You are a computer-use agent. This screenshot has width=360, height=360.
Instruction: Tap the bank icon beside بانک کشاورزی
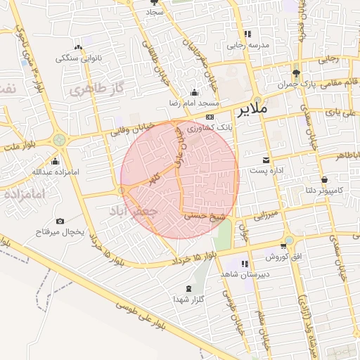click(x=210, y=117)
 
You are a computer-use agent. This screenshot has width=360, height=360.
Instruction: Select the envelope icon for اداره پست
click(x=266, y=160)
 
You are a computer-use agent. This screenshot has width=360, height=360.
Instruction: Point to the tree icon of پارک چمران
click(x=296, y=73)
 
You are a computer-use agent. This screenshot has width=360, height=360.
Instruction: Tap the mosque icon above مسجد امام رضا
click(x=194, y=92)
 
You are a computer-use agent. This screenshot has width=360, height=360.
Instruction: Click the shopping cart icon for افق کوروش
click(x=283, y=245)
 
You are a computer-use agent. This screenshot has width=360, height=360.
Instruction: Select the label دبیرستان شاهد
click(x=243, y=273)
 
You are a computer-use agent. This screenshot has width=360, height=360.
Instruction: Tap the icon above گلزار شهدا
click(x=188, y=288)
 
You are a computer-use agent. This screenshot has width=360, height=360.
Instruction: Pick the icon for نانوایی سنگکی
click(x=77, y=47)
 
